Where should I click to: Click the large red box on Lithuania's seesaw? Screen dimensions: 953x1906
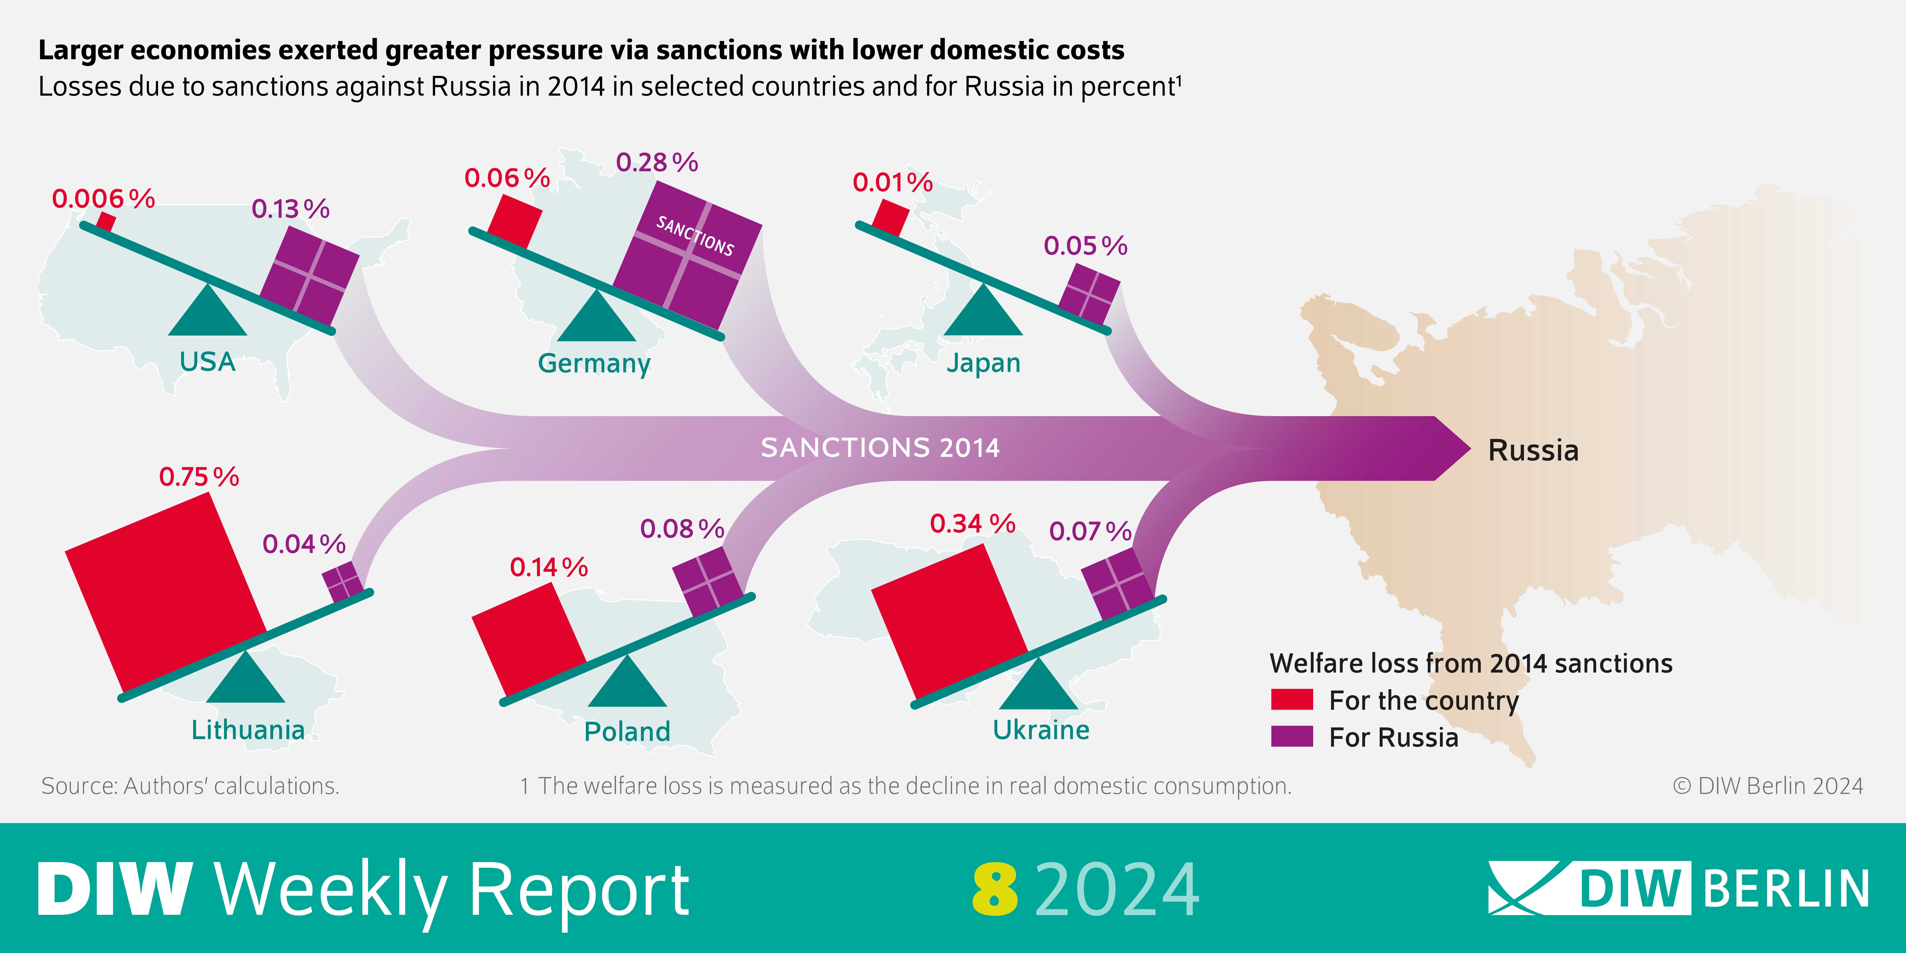166,588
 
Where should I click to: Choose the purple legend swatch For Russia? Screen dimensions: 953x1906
1291,736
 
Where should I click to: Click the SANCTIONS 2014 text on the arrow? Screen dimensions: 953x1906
880,448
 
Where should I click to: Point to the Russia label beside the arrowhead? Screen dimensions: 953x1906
1533,450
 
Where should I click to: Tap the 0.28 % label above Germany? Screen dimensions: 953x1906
656,162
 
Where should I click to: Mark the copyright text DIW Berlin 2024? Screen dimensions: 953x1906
1769,786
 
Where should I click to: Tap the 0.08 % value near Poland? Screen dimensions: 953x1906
682,528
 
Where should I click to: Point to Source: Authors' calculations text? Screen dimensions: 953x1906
190,786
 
